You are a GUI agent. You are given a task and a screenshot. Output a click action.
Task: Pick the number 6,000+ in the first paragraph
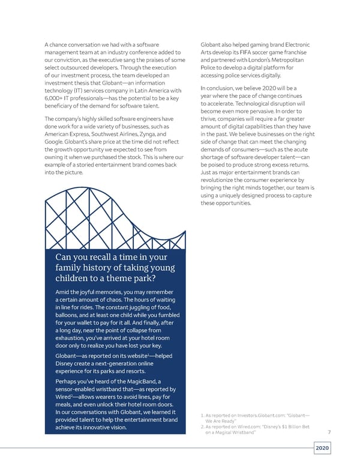pyautogui.click(x=57, y=98)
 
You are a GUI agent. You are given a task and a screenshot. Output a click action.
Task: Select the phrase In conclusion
pyautogui.click(x=220, y=89)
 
